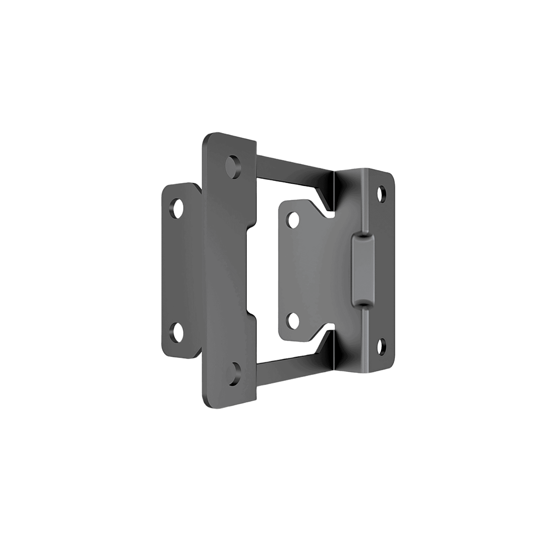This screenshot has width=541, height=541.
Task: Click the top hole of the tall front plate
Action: click(234, 165)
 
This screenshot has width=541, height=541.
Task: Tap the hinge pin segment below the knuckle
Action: click(365, 338)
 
